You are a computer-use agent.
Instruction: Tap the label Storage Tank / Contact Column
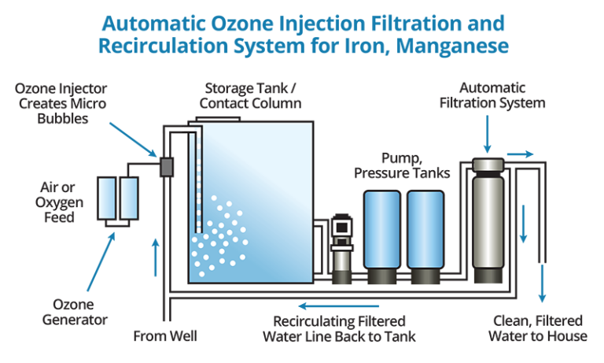[x=251, y=95]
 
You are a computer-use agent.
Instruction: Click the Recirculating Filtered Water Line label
[x=339, y=329]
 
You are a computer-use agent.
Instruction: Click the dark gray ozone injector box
[x=166, y=166]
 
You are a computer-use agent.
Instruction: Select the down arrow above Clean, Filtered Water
[x=541, y=283]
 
